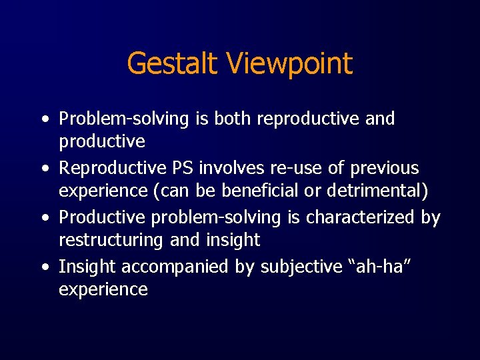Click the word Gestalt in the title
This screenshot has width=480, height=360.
tap(172, 64)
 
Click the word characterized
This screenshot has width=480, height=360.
tap(360, 217)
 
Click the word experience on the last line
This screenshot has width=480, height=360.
tap(103, 290)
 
